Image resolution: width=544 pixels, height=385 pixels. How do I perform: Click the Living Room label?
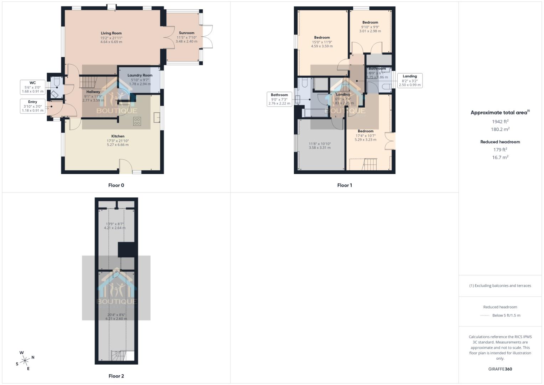click(x=111, y=33)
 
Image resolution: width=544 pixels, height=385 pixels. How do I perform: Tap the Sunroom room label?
click(x=186, y=33)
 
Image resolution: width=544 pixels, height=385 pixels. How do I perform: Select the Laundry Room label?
click(x=140, y=75)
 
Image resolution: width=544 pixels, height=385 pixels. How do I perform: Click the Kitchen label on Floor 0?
click(x=118, y=136)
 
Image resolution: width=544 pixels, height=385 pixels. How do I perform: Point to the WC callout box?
click(x=33, y=87)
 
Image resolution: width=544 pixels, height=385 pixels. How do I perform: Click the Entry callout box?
click(x=33, y=106)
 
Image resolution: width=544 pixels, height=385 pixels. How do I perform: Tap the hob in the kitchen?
click(x=137, y=121)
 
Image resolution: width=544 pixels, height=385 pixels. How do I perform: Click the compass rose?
click(x=25, y=360)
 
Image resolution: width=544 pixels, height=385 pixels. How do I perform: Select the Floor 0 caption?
click(x=116, y=185)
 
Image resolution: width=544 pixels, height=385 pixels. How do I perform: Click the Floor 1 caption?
click(x=344, y=185)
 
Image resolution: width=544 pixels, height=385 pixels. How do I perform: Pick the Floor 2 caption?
click(x=116, y=376)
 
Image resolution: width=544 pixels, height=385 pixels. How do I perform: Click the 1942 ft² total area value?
click(x=500, y=122)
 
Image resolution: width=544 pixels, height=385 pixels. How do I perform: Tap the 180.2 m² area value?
click(x=500, y=129)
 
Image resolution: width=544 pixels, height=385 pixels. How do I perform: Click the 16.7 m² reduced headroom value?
click(x=500, y=157)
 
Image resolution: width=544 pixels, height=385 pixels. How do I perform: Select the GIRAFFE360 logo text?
click(x=500, y=369)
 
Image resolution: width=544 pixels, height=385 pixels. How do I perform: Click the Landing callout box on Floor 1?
click(x=410, y=81)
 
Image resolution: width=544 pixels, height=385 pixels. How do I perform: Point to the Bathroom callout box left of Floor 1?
click(x=279, y=99)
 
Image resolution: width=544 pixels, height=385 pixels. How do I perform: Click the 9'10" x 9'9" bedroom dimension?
click(x=370, y=27)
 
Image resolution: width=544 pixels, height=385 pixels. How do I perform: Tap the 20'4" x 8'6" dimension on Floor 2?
click(x=116, y=315)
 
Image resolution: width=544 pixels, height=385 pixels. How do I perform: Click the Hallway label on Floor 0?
click(x=93, y=92)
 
